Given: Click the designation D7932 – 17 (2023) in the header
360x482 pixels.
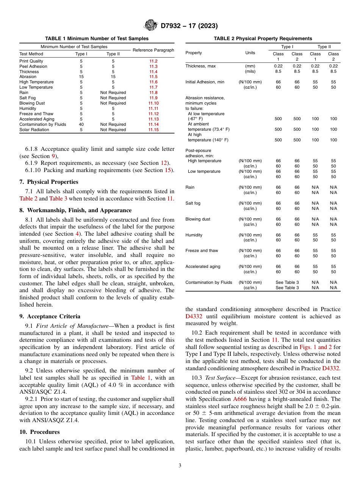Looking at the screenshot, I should [x=189, y=26].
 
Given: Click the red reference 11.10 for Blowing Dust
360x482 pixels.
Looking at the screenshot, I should [x=153, y=103].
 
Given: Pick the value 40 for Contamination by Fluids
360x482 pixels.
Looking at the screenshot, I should [x=81, y=124].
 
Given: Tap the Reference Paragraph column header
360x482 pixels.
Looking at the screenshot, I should [x=153, y=50].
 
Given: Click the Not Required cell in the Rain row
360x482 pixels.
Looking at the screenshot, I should [x=113, y=92].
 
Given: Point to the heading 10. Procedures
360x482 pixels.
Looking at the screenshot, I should [x=40, y=432].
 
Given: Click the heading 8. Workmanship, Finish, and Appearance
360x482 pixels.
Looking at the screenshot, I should [x=75, y=210].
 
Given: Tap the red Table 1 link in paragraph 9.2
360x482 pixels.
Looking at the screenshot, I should [x=141, y=378].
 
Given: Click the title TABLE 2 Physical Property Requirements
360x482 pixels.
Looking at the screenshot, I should [x=263, y=39].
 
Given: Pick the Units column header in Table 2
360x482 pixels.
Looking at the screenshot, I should [x=250, y=53].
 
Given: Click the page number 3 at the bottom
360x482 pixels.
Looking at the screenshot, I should [x=180, y=465].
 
